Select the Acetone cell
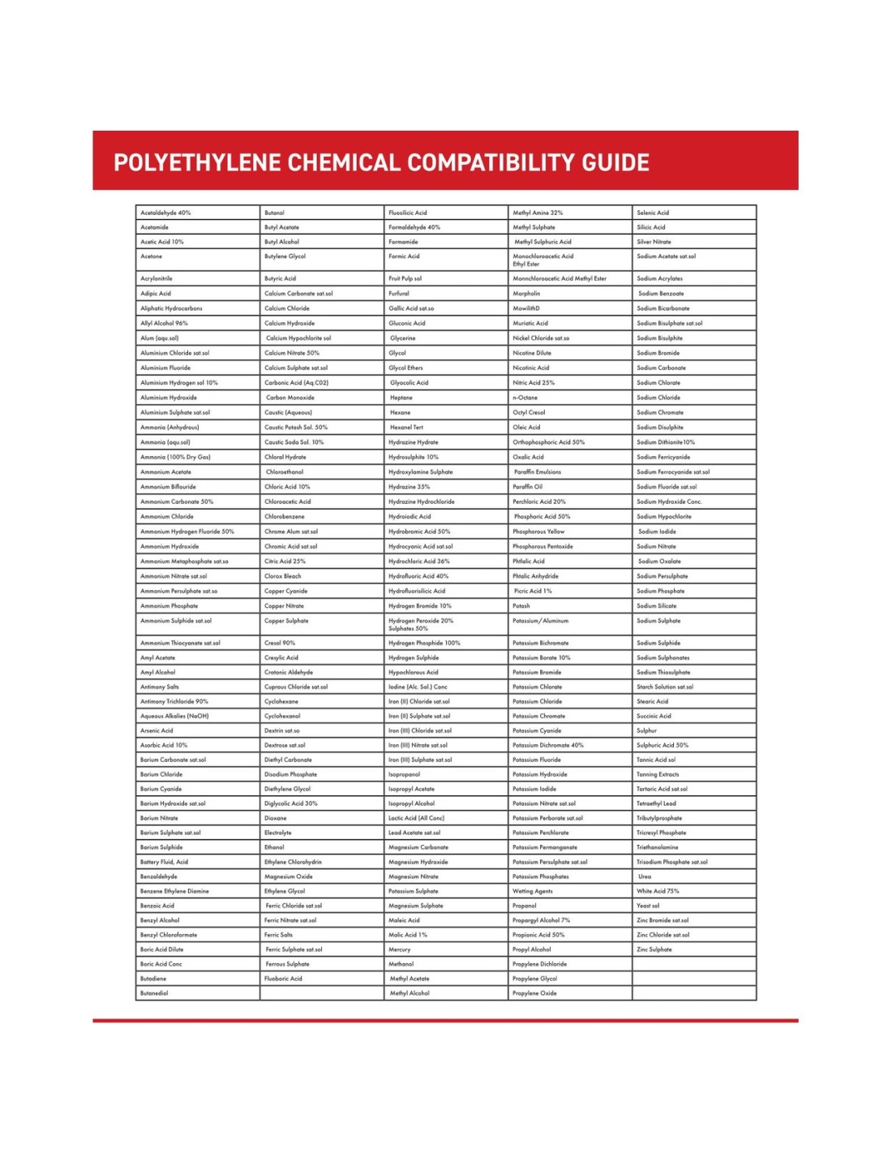point(152,256)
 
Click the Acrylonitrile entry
point(157,278)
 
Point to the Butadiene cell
point(153,979)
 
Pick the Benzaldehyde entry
point(159,876)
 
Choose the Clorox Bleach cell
point(283,576)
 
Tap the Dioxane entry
point(276,818)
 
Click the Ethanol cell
point(275,847)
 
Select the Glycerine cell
point(403,338)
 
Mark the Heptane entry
point(401,398)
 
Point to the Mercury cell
point(400,949)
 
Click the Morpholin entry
point(526,294)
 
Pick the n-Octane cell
point(525,398)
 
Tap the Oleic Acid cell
point(526,427)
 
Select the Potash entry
point(521,606)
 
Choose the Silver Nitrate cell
point(654,242)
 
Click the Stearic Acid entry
point(653,701)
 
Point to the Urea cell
point(645,876)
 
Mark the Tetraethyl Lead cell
point(657,803)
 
